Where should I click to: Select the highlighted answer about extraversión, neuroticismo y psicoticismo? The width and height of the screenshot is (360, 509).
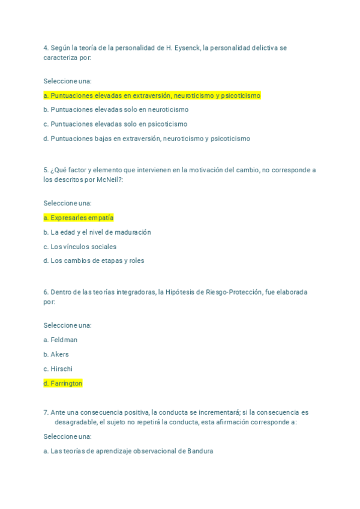coord(152,95)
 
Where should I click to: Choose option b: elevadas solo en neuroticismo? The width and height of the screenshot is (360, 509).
coord(116,110)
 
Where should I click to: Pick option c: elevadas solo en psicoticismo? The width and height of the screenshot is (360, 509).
coord(115,124)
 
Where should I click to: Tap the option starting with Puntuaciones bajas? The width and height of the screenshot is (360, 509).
coord(146,139)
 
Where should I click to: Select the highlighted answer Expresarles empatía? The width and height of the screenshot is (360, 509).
coord(79,218)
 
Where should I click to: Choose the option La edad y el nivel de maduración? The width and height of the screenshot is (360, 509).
coord(97,232)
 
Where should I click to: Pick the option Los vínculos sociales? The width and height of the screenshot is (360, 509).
coord(80,247)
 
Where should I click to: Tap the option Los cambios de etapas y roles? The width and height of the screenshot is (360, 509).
coord(94,261)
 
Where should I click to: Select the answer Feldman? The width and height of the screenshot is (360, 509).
coord(61,340)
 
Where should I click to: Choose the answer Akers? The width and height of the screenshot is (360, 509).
coord(56,355)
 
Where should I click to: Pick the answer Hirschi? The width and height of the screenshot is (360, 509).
coord(58,369)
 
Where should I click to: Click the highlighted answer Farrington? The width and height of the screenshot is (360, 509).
coord(63,384)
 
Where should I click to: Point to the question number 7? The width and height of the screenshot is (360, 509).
coord(46,413)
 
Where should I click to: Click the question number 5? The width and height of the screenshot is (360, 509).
coord(46,170)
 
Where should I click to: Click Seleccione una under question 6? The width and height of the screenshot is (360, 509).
coord(67,326)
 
